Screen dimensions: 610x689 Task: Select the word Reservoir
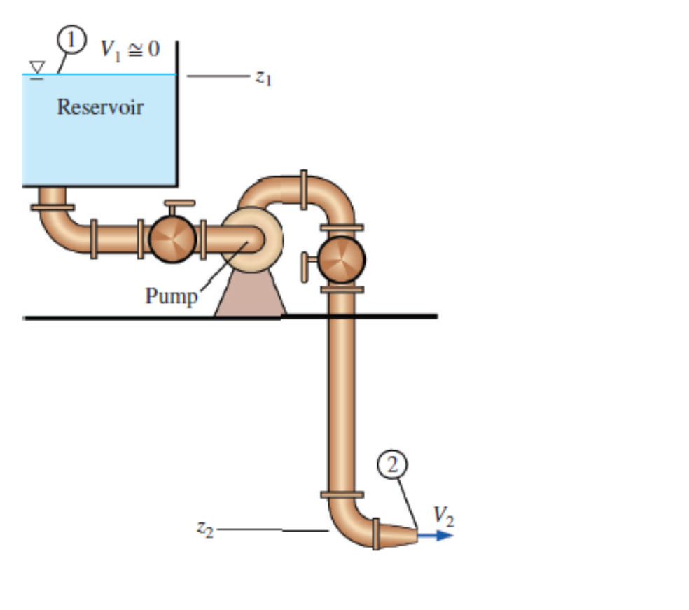point(100,107)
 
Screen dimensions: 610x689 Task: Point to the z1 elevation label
point(263,78)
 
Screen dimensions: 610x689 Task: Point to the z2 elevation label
point(204,529)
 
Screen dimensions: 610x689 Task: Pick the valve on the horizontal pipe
point(172,239)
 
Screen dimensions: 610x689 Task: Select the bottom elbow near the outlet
point(350,525)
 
